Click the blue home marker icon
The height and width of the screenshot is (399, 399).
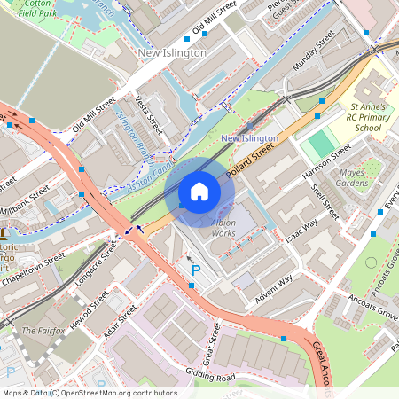coord(199,192)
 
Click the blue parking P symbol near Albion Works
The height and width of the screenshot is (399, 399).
coord(196,269)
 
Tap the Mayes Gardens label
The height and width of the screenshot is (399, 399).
coord(352,177)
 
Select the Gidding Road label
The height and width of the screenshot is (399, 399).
coord(210,378)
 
